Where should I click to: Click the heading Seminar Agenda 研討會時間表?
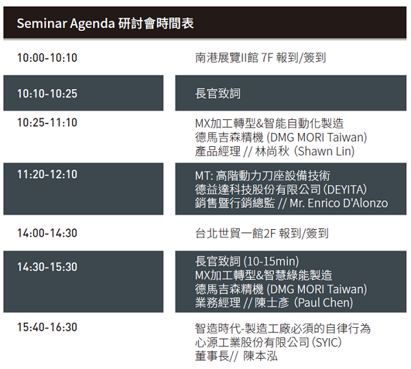click(x=105, y=23)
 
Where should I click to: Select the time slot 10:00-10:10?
click(x=47, y=58)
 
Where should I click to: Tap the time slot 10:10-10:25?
click(x=47, y=93)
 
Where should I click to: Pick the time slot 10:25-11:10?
click(x=47, y=123)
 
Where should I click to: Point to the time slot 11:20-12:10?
click(x=47, y=174)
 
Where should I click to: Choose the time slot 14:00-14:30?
click(x=47, y=233)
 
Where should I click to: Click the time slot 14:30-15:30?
click(x=47, y=267)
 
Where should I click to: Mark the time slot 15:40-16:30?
click(x=47, y=327)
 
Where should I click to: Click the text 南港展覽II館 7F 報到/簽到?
click(x=260, y=58)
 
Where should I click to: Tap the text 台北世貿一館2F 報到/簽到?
click(x=262, y=233)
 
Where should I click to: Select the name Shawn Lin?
click(x=325, y=151)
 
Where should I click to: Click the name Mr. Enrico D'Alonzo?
click(x=338, y=203)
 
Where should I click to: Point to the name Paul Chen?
click(x=323, y=302)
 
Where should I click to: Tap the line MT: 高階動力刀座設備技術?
click(x=262, y=176)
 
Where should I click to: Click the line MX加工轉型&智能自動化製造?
click(x=269, y=123)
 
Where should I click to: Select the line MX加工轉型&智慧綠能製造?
click(x=264, y=275)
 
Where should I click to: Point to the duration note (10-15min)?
click(x=271, y=261)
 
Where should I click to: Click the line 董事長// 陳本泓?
click(x=236, y=356)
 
